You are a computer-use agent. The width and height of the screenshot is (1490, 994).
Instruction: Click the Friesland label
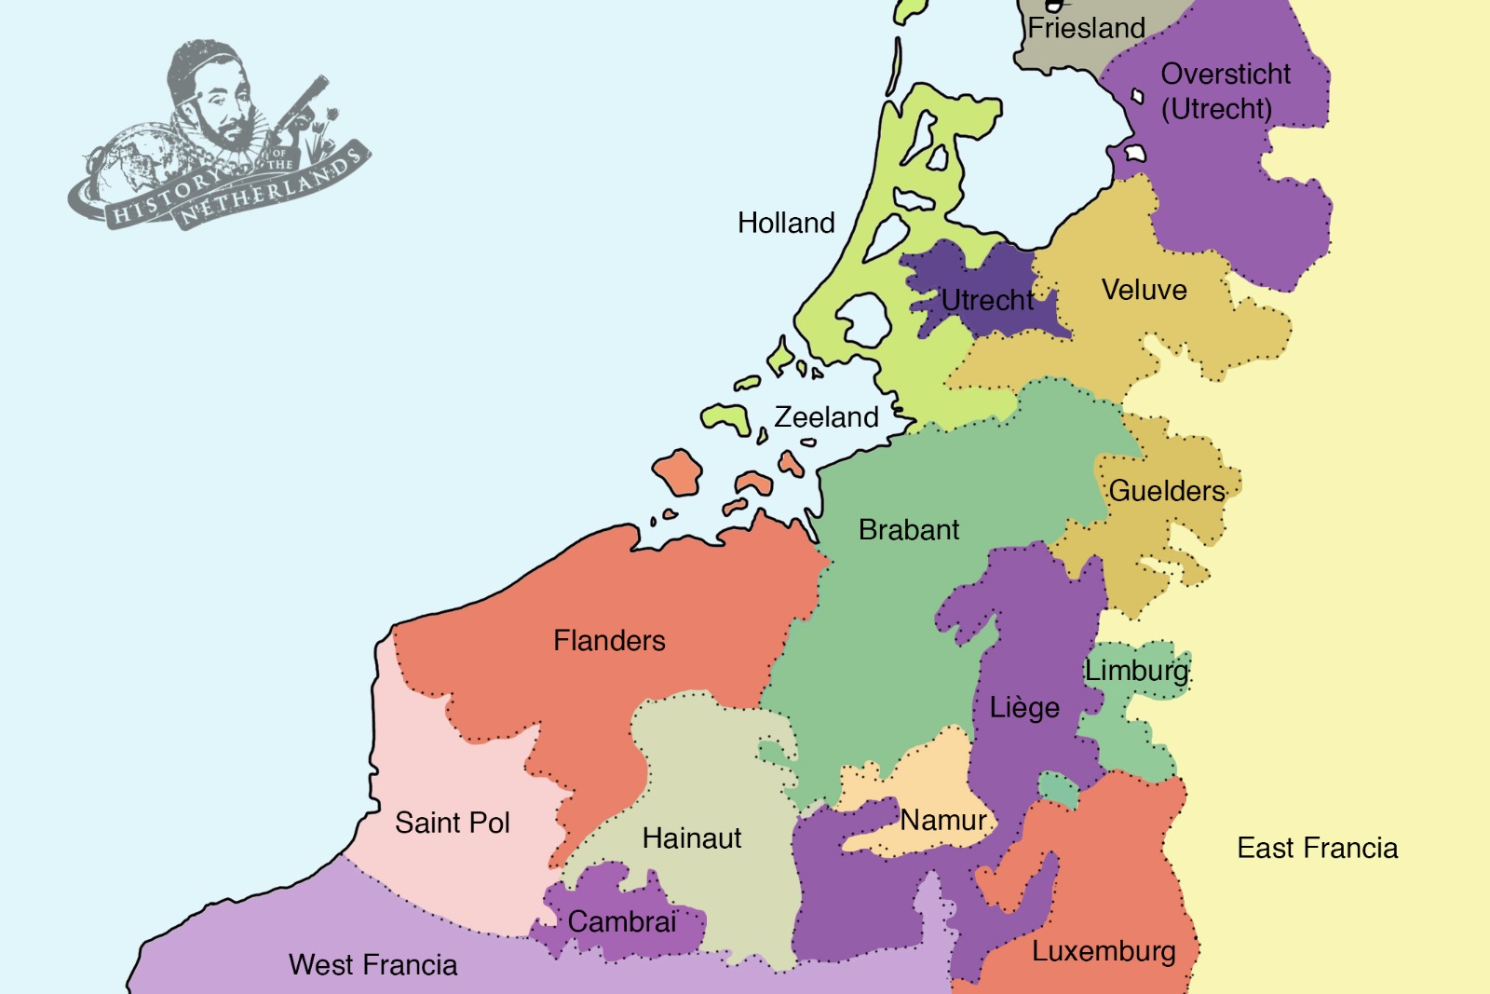pyautogui.click(x=1086, y=28)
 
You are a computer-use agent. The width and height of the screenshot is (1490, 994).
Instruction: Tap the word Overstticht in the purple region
pyautogui.click(x=1226, y=74)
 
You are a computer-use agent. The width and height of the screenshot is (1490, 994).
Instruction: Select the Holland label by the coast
pyautogui.click(x=786, y=223)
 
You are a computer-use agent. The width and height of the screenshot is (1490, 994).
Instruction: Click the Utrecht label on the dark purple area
pyautogui.click(x=986, y=300)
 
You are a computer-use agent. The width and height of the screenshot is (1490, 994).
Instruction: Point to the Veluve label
pyautogui.click(x=1144, y=290)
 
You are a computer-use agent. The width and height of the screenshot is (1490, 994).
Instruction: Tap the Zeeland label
pyautogui.click(x=826, y=416)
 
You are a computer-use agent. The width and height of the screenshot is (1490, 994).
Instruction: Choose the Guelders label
pyautogui.click(x=1167, y=490)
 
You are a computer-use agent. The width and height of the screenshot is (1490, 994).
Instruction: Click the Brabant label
pyautogui.click(x=908, y=529)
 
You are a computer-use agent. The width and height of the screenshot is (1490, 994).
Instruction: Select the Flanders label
pyautogui.click(x=609, y=640)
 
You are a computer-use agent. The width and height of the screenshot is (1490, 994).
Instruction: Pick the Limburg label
pyautogui.click(x=1137, y=670)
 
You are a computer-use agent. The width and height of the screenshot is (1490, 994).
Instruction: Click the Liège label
pyautogui.click(x=1024, y=707)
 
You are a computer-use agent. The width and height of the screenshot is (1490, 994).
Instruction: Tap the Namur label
pyautogui.click(x=942, y=820)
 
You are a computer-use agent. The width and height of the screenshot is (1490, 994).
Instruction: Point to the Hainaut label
pyautogui.click(x=691, y=837)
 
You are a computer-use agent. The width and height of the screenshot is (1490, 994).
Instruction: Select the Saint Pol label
pyautogui.click(x=452, y=823)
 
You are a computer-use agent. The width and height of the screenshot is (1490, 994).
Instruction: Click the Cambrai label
pyautogui.click(x=621, y=921)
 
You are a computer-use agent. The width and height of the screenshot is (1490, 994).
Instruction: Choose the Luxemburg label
pyautogui.click(x=1104, y=951)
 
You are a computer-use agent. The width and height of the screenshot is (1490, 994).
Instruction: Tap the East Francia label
pyautogui.click(x=1317, y=848)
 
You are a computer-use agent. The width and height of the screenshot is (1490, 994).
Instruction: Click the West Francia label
pyautogui.click(x=372, y=964)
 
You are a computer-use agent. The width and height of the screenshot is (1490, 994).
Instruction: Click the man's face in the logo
pyautogui.click(x=222, y=107)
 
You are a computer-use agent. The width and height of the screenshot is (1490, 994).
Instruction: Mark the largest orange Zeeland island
pyautogui.click(x=677, y=472)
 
